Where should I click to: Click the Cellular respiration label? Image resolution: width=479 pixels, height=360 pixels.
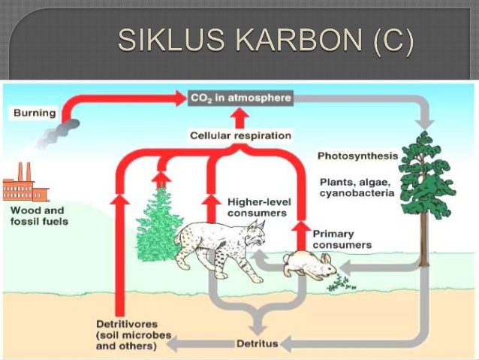click(239, 135)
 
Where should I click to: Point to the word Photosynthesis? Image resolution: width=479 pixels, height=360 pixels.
click(356, 156)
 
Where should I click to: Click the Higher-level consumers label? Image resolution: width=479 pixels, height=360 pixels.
click(256, 207)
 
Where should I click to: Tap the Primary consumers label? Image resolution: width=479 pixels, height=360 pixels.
click(342, 239)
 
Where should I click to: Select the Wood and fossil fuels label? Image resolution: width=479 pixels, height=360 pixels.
click(38, 216)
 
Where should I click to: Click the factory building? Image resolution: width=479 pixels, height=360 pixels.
click(25, 186)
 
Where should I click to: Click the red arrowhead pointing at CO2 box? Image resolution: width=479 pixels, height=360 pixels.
click(181, 98)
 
